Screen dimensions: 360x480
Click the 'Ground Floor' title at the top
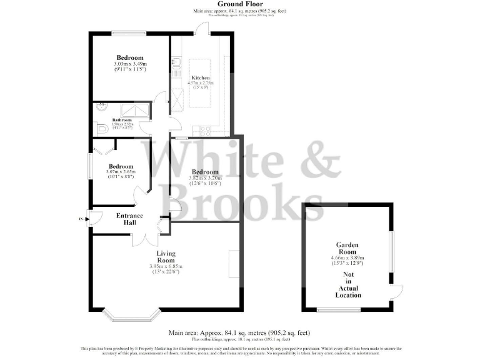tap(240, 4)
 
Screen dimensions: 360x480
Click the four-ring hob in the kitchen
tap(203, 131)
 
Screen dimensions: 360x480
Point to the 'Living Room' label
tap(166, 257)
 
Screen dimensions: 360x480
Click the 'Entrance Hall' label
tap(129, 219)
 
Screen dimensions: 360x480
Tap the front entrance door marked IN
tap(93, 219)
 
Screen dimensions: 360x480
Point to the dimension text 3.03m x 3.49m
tap(129, 64)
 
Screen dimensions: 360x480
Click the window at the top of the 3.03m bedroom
tap(129, 33)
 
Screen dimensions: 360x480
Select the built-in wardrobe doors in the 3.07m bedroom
tap(104, 147)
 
